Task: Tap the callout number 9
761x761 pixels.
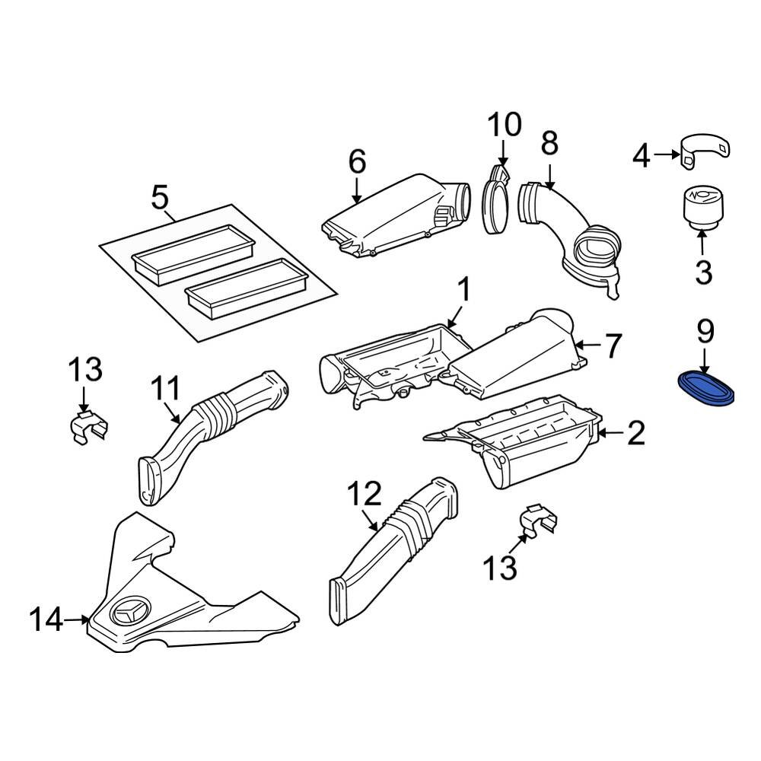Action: (x=705, y=332)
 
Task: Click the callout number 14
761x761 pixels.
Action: (x=45, y=620)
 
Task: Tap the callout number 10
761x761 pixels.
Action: (x=505, y=124)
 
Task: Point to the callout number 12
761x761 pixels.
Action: (x=363, y=495)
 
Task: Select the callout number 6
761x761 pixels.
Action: (x=357, y=161)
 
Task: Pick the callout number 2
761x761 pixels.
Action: (x=635, y=433)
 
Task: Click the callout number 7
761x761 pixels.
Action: (x=613, y=346)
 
